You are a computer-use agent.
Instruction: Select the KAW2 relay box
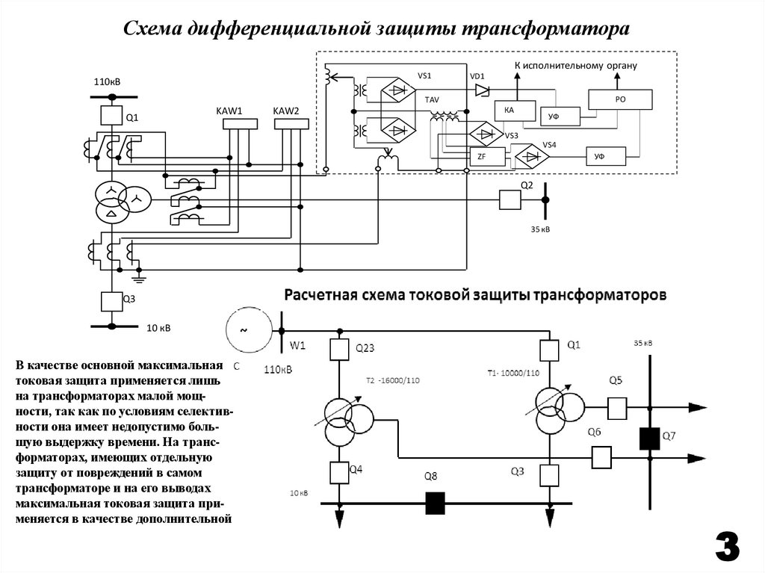(291, 123)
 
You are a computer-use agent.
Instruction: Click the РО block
(619, 99)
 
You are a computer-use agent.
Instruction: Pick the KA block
(514, 111)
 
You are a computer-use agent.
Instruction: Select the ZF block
(481, 157)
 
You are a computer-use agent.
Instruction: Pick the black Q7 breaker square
(648, 438)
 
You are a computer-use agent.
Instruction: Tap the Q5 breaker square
(616, 408)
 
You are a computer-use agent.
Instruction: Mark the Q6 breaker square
(601, 456)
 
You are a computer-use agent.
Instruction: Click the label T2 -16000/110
(393, 380)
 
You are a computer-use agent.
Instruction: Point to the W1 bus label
(299, 346)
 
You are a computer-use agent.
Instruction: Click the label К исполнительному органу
(575, 66)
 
